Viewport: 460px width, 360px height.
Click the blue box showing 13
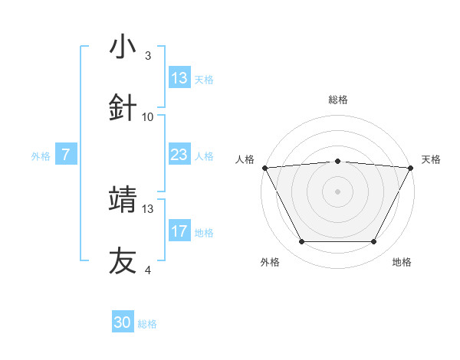pos(179,78)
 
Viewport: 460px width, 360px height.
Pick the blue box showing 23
pos(179,155)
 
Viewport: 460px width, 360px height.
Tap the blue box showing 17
pos(179,231)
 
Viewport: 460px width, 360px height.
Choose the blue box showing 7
pos(66,155)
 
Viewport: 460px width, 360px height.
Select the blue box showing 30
pos(123,322)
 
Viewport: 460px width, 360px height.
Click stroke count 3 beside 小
pos(148,56)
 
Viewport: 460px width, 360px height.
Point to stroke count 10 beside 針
pos(148,117)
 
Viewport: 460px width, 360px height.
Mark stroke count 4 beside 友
pos(148,270)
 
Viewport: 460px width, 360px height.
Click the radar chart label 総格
pos(338,100)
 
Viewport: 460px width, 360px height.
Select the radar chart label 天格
pos(432,159)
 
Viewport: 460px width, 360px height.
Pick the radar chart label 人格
pos(245,159)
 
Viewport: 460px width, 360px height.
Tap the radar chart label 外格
pos(270,262)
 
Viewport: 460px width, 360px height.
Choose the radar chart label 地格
pos(402,262)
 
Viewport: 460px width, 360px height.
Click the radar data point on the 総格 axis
pos(338,161)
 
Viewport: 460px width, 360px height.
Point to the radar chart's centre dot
pos(338,191)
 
